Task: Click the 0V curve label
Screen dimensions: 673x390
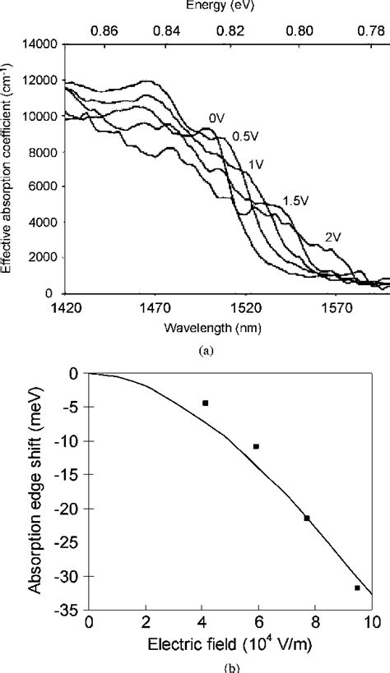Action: click(x=216, y=118)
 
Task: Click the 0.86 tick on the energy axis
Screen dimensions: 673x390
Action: click(x=105, y=27)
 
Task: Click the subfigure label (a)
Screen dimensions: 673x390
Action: click(x=218, y=348)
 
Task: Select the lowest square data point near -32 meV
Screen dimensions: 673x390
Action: click(x=357, y=588)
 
